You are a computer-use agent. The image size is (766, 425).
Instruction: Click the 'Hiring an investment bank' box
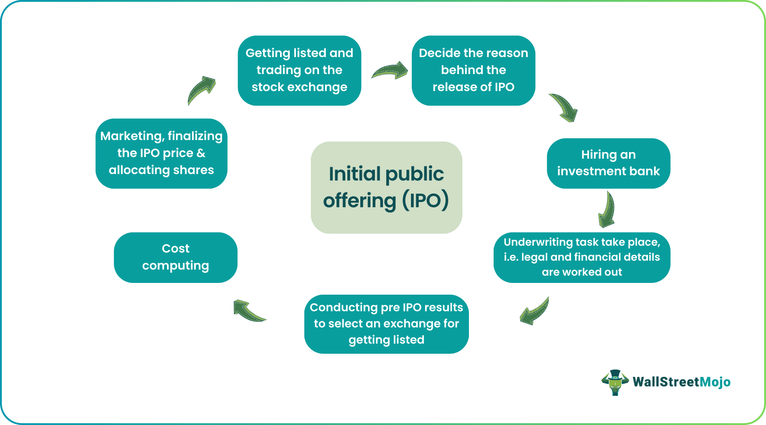[x=608, y=163]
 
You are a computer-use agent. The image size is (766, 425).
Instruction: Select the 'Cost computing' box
[x=175, y=257]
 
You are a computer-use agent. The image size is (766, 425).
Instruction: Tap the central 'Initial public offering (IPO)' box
[x=386, y=187]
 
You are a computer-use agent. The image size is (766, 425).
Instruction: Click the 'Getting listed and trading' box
[x=299, y=70]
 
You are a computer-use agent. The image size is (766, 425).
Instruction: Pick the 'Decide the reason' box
[x=473, y=70]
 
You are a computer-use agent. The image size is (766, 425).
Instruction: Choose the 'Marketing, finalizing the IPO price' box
[x=161, y=153]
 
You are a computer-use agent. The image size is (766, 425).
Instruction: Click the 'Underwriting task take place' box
[x=582, y=257]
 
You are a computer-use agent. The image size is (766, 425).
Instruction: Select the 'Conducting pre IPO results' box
[x=386, y=324]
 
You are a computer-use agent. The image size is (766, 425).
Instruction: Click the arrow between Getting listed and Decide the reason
[x=390, y=71]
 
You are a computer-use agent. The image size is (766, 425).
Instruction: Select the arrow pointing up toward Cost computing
[x=248, y=311]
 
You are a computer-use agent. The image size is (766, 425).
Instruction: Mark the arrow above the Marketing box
[x=201, y=90]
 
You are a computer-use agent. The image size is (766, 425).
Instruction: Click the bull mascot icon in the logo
[x=615, y=382]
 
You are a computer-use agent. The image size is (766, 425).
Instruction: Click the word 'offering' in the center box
[x=359, y=201]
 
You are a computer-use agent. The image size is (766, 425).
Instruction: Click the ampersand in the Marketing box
[x=201, y=153]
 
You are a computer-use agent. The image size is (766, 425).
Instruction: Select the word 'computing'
[x=175, y=266]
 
